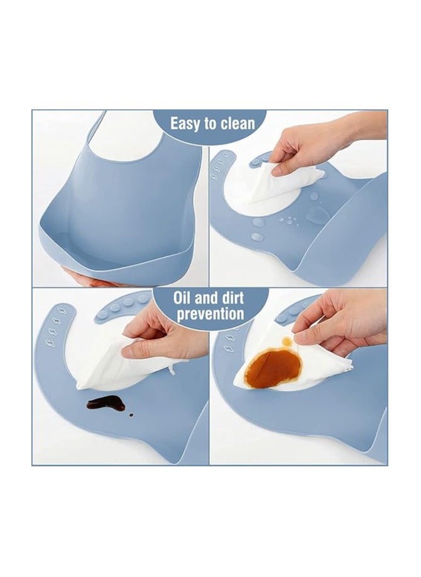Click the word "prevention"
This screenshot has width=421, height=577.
coord(210,314)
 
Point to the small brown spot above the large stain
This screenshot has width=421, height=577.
coord(287,341)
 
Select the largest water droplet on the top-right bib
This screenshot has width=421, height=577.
coord(319,216)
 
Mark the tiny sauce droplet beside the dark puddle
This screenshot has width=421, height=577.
coord(130,414)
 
